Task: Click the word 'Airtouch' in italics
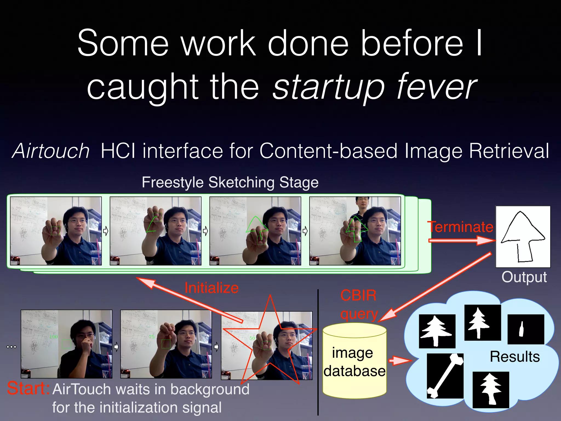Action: pyautogui.click(x=51, y=151)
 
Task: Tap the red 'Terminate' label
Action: pyautogui.click(x=461, y=227)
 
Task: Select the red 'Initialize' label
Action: pyautogui.click(x=211, y=288)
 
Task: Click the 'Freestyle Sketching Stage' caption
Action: pyautogui.click(x=230, y=183)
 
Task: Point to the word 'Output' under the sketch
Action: pyautogui.click(x=524, y=277)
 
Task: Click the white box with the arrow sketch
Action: pyautogui.click(x=523, y=237)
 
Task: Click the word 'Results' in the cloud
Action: pyautogui.click(x=515, y=357)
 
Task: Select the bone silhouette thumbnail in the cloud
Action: pyautogui.click(x=445, y=376)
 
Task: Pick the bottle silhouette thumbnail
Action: pyautogui.click(x=526, y=329)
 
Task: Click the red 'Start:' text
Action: pyautogui.click(x=28, y=388)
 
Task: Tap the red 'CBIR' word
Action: pyautogui.click(x=358, y=296)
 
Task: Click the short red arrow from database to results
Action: pyautogui.click(x=400, y=360)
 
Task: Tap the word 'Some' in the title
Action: pyautogui.click(x=123, y=43)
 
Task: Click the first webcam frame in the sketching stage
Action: pyautogui.click(x=56, y=231)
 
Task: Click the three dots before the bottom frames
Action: pyautogui.click(x=11, y=347)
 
